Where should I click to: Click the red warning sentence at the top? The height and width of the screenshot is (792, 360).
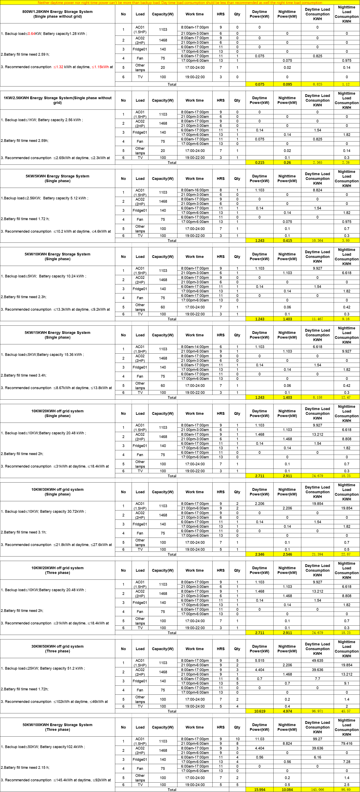[180, 2]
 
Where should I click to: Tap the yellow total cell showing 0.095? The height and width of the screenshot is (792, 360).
[287, 84]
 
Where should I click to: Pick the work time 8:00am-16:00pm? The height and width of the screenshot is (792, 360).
[195, 190]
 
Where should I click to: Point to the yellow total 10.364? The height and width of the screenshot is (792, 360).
[317, 241]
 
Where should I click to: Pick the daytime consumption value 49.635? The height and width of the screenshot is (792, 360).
[317, 660]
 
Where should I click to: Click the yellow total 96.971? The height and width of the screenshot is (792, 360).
[317, 711]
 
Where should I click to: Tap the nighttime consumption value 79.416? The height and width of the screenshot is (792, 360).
[346, 743]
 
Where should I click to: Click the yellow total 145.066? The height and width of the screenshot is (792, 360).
[317, 790]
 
